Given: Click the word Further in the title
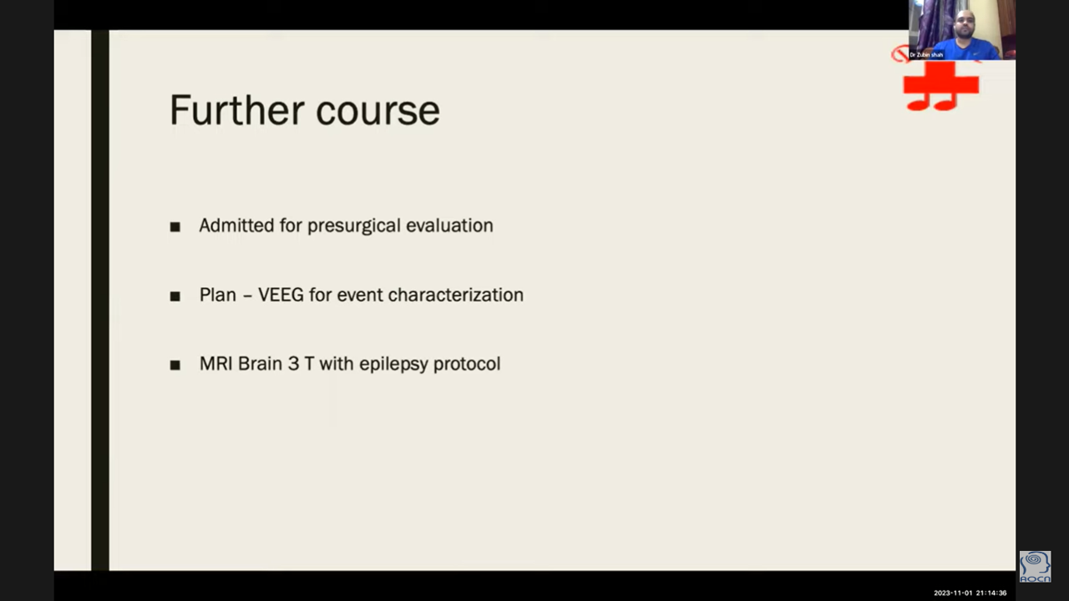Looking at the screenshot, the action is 237,110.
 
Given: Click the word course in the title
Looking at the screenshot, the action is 377,114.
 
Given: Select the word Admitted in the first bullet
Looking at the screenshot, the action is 236,225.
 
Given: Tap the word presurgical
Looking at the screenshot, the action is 353,226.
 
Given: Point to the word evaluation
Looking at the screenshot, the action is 449,225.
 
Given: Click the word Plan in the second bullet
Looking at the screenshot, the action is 218,295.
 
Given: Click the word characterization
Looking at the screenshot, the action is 456,295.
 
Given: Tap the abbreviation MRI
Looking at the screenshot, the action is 216,363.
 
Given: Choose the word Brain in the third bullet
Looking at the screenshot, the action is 260,363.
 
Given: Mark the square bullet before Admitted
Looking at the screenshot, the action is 175,227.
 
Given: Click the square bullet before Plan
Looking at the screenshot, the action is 175,296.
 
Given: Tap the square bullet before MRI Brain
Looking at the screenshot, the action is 175,366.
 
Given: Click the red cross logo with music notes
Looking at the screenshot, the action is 940,86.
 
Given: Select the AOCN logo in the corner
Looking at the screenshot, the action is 1035,567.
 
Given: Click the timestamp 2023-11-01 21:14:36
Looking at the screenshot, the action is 970,593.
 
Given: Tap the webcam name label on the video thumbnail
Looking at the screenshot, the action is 926,55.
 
